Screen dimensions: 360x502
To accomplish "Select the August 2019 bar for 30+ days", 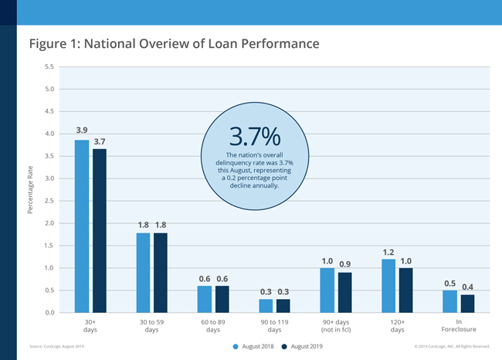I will [x=98, y=231].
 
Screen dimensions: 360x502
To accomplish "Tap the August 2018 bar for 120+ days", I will [x=388, y=286].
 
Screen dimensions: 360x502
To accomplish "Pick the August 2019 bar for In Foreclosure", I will [x=468, y=304].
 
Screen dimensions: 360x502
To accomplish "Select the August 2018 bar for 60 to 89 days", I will [x=204, y=299].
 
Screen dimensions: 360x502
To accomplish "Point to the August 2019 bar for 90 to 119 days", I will [x=283, y=306].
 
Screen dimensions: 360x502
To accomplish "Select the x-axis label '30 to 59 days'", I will [x=151, y=325].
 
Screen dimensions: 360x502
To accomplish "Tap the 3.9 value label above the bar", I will [x=82, y=130].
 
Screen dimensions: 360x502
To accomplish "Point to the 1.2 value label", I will [x=388, y=252].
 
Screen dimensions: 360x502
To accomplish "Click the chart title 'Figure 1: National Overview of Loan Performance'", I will [x=174, y=43].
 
